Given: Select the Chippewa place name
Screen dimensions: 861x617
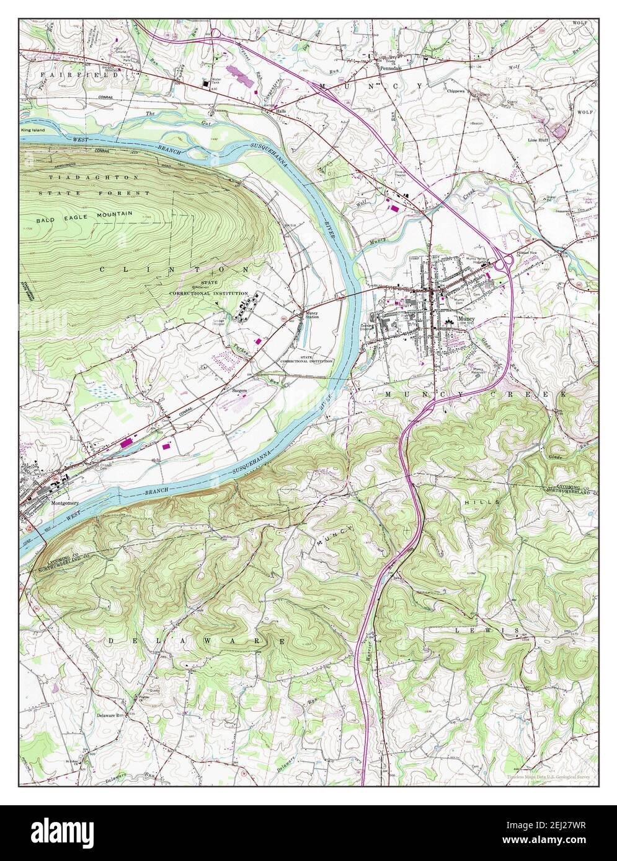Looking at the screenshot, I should point(459,90).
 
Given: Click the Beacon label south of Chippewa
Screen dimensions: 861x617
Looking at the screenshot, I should point(477,123).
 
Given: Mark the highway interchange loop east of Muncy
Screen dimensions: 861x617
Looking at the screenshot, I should point(504,261).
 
